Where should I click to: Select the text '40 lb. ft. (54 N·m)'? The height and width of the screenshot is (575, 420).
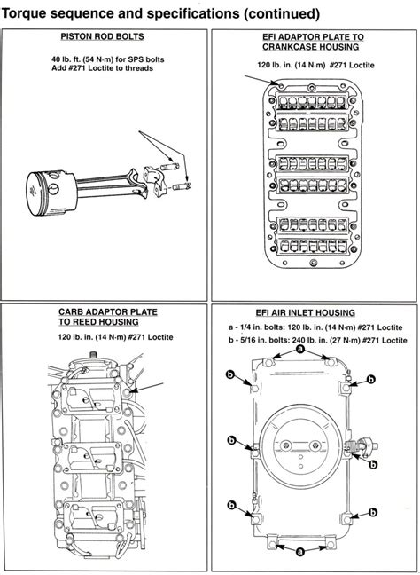tap(77, 58)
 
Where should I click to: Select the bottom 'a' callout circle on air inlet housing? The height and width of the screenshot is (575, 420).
tap(299, 549)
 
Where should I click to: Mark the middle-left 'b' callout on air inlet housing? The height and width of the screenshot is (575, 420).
tap(230, 439)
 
